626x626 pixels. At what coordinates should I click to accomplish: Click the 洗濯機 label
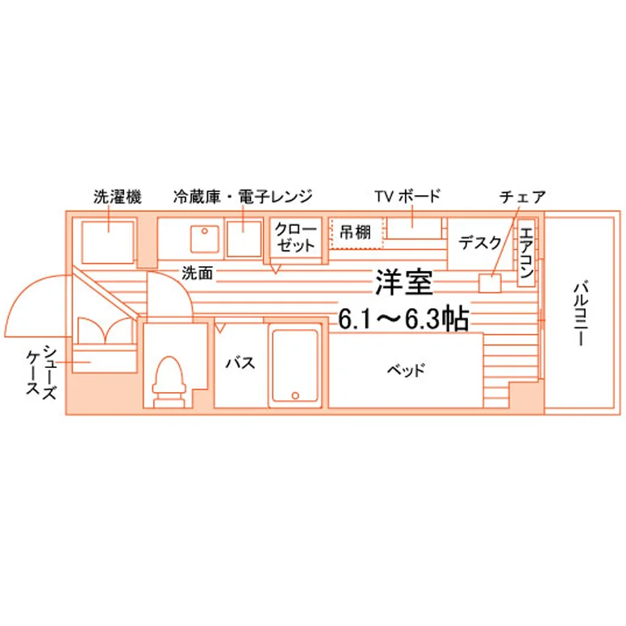[x=118, y=196]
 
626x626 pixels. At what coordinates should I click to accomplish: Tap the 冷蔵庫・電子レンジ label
[x=242, y=196]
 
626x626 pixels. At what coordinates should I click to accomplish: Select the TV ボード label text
[x=407, y=196]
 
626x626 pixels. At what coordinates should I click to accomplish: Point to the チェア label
[x=522, y=197]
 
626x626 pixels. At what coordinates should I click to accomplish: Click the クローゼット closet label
[x=295, y=237]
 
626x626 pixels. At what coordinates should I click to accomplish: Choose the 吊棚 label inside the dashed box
[x=355, y=232]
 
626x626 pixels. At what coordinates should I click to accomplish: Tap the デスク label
[x=479, y=242]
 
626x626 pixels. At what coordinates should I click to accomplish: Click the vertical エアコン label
[x=526, y=252]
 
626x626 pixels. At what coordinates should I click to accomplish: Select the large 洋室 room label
[x=403, y=282]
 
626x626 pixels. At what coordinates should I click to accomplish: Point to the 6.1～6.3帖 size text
[x=403, y=319]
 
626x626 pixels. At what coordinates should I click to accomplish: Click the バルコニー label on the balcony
[x=581, y=314]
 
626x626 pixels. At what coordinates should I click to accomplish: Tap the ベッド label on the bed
[x=406, y=370]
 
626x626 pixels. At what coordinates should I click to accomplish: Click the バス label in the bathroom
[x=240, y=363]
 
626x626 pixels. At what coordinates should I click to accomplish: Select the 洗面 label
[x=197, y=273]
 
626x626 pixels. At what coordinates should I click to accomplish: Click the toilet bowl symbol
[x=169, y=382]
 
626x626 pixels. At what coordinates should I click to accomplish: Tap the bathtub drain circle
[x=295, y=395]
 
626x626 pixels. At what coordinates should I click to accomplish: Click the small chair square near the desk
[x=490, y=283]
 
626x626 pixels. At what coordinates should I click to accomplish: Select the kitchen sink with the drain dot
[x=205, y=239]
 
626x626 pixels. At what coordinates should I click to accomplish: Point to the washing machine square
[x=108, y=242]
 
